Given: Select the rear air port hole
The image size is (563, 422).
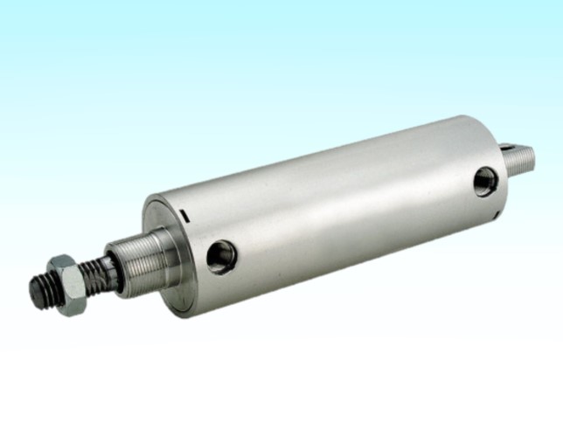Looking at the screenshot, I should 485,181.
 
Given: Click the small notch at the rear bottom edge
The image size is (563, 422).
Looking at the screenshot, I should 496,213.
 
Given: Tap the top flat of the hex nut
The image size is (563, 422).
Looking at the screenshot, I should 63,262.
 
